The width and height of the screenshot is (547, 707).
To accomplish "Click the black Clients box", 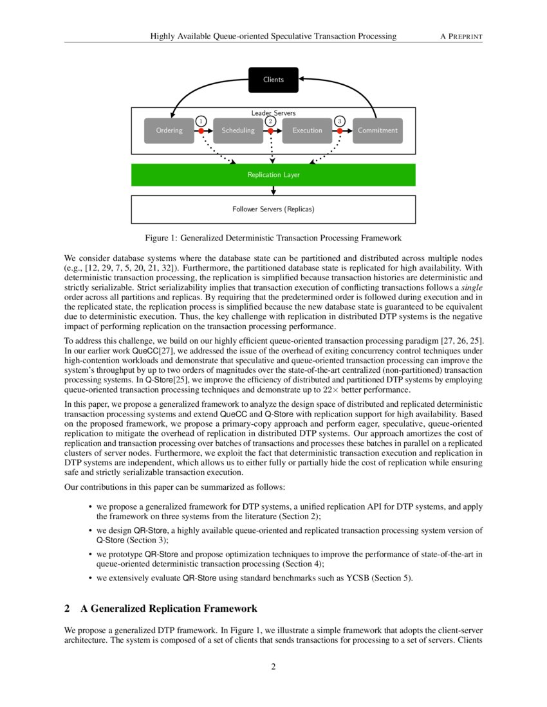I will (x=273, y=80).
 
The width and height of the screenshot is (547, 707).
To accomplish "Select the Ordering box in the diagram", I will (x=169, y=130).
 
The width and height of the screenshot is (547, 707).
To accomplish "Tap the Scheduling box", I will (x=237, y=130).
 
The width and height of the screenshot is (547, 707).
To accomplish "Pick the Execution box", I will (x=307, y=130).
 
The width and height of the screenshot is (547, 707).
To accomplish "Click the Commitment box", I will (x=377, y=130).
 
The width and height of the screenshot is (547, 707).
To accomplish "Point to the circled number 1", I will (x=201, y=121).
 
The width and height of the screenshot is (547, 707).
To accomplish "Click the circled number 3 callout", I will (x=340, y=121).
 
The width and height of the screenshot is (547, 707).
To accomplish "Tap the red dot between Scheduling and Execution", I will (x=271, y=130).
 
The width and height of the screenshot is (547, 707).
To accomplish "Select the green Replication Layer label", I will (x=273, y=175).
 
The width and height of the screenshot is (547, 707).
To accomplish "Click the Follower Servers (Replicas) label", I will (x=273, y=210).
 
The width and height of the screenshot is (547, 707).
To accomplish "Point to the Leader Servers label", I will (x=273, y=113).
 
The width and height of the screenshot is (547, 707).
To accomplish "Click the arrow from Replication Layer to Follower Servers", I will (x=273, y=190).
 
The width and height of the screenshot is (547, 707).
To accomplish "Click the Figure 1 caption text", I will (x=273, y=238).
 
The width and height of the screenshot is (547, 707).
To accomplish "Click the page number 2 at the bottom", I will (x=273, y=667).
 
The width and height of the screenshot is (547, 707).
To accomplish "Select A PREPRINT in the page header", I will (x=461, y=37).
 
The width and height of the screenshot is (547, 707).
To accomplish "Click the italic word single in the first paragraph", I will (x=472, y=289).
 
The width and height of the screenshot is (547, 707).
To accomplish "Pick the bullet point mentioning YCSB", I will (x=254, y=578).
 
